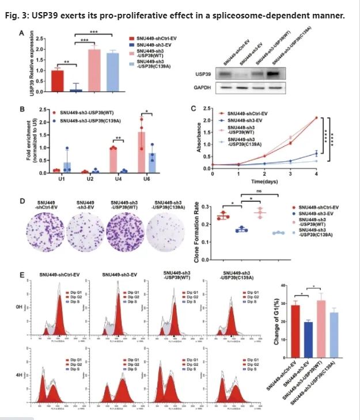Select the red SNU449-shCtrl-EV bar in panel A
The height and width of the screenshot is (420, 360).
pos(58,81)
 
